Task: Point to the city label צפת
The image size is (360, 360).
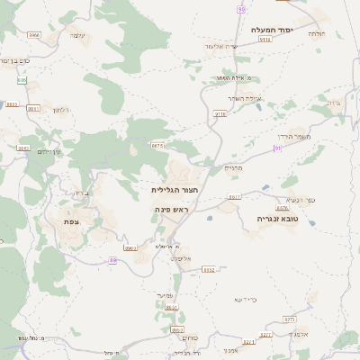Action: pos(70,221)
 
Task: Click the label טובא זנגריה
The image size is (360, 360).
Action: pos(270,219)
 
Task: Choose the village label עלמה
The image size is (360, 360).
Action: pos(76,36)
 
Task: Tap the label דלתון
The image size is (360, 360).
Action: pos(61,110)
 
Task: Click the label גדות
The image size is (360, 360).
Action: pos(334,103)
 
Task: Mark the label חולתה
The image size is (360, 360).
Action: pos(316,34)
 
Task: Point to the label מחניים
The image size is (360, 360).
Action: pos(233,168)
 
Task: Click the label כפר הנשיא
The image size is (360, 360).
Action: pos(302,199)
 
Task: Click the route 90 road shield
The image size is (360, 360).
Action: pos(241,9)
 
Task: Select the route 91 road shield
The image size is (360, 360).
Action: pos(278,148)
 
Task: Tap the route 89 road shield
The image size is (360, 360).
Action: pos(113,260)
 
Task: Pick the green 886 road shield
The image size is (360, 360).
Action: pos(22,80)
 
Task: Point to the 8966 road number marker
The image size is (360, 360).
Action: pos(34,34)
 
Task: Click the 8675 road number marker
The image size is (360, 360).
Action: pos(158,145)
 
